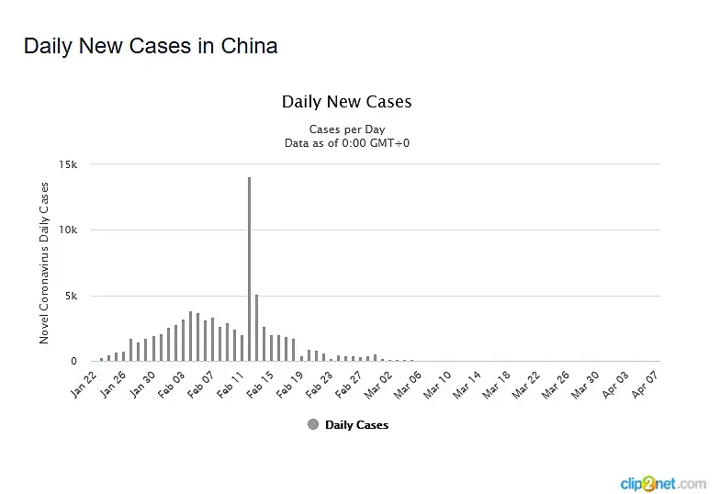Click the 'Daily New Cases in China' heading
click(x=151, y=45)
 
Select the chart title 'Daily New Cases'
click(x=346, y=101)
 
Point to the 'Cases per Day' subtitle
click(x=347, y=129)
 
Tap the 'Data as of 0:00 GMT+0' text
click(x=347, y=143)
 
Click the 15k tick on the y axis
click(x=69, y=164)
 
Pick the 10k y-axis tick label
click(x=69, y=230)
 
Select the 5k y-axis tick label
click(x=72, y=297)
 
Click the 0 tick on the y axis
click(x=73, y=362)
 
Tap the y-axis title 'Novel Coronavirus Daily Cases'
click(x=44, y=263)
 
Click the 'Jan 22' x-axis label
click(x=84, y=383)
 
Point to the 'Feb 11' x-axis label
click(x=230, y=383)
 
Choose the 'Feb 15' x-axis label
click(x=260, y=383)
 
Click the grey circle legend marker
click(x=313, y=425)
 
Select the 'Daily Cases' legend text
click(x=356, y=425)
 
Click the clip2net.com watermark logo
click(x=662, y=482)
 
